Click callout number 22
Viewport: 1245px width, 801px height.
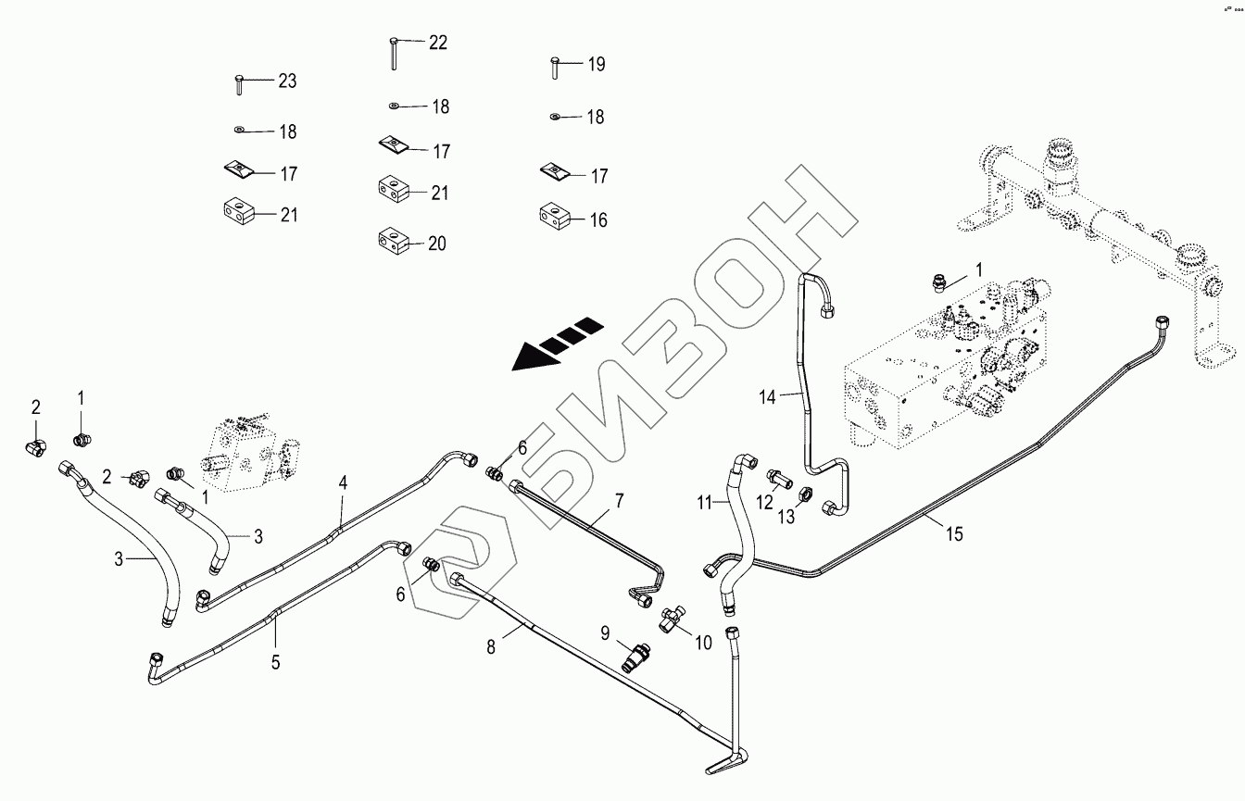(x=437, y=43)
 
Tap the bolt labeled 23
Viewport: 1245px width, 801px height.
(x=238, y=84)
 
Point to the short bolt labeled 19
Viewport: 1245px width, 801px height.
(x=553, y=68)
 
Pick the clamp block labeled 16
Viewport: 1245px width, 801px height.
(x=554, y=219)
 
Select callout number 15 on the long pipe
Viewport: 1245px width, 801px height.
(x=954, y=533)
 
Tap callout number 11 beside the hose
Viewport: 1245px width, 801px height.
(x=705, y=503)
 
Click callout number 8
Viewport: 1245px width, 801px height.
(x=491, y=647)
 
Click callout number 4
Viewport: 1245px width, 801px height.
(x=343, y=482)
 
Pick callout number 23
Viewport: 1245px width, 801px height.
(x=287, y=81)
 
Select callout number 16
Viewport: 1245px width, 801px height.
(x=598, y=220)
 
